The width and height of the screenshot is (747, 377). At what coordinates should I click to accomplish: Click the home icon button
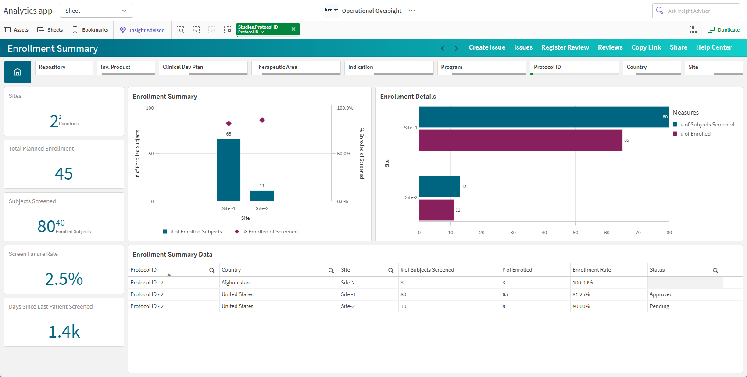click(18, 72)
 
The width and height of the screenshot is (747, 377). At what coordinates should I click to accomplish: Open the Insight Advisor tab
click(142, 30)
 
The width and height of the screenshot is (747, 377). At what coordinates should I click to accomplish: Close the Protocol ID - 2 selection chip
click(293, 29)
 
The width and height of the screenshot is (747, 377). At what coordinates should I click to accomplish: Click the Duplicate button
click(724, 30)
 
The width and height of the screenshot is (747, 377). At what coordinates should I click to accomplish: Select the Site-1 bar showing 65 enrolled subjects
click(229, 170)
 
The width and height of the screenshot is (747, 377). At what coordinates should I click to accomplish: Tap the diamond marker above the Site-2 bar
click(262, 120)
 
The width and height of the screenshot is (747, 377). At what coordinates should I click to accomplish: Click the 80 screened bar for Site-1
click(544, 117)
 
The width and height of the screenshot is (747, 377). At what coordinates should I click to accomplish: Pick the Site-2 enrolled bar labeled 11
click(436, 210)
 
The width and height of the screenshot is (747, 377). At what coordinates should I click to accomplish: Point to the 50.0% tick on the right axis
click(344, 154)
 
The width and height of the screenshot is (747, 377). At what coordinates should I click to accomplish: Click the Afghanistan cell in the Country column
click(236, 283)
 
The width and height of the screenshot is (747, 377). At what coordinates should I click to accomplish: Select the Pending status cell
click(659, 306)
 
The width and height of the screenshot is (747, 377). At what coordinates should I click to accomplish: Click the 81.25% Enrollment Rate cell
click(581, 294)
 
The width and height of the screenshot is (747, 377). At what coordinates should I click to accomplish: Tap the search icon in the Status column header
click(715, 271)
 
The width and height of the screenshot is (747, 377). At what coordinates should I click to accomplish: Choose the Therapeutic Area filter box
click(296, 68)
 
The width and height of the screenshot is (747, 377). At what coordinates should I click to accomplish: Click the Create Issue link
click(487, 47)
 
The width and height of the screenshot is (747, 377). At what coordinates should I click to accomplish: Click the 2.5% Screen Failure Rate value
click(64, 279)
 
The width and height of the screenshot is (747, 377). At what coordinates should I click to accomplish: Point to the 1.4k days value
click(64, 332)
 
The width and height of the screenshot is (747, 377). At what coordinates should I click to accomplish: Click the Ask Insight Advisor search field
click(696, 11)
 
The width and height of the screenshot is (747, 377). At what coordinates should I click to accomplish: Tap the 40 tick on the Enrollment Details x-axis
click(544, 233)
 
